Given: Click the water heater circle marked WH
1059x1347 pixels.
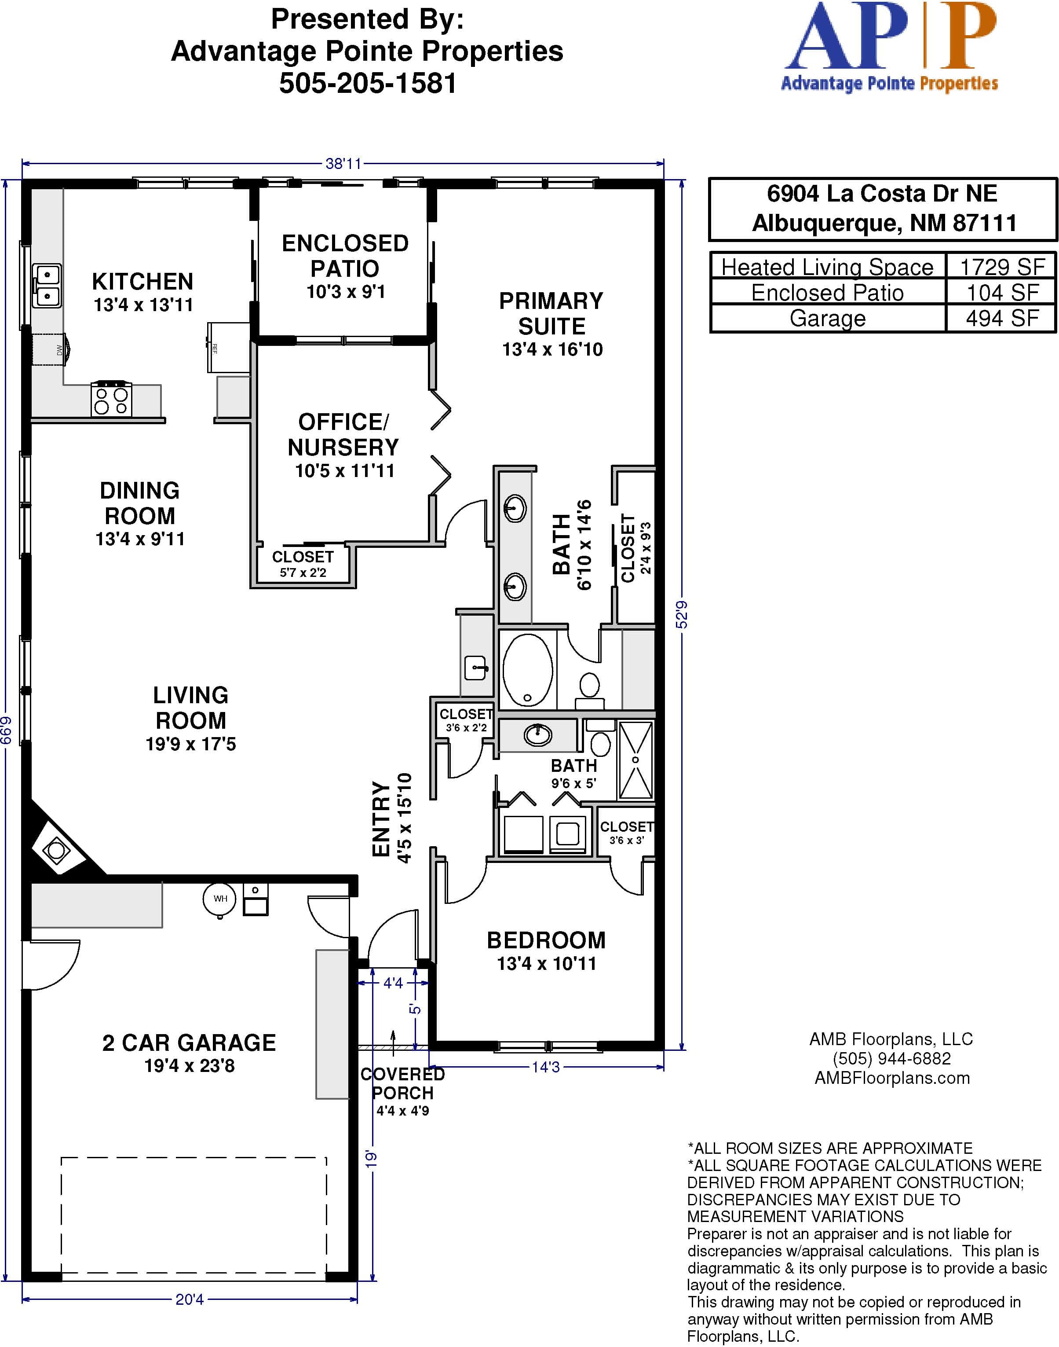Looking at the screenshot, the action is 219,899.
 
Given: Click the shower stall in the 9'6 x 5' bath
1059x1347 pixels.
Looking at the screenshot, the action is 635,760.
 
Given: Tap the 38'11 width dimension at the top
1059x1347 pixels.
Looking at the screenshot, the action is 343,164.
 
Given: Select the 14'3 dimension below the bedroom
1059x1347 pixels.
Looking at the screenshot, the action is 546,1067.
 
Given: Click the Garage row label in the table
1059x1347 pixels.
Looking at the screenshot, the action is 827,318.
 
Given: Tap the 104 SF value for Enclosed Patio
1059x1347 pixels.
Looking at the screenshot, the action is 1002,292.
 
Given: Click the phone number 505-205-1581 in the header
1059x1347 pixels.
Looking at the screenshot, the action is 368,83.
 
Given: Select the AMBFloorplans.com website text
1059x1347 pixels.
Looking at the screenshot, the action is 892,1078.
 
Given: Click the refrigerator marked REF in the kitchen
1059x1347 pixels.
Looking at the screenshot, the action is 229,348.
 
